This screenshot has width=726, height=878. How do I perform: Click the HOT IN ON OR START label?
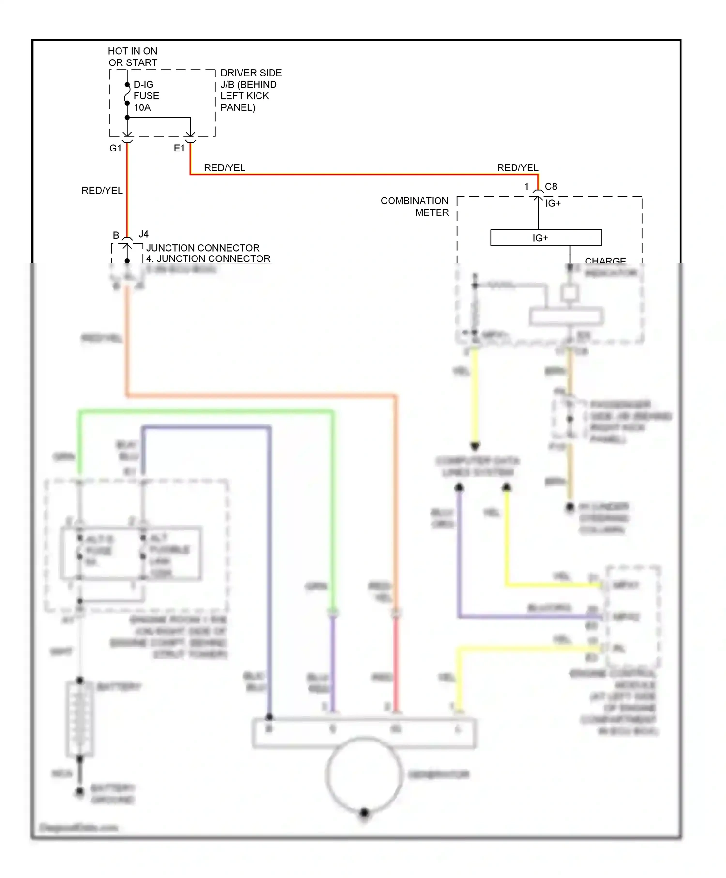coord(133,57)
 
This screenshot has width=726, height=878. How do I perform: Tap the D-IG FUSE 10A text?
coord(146,96)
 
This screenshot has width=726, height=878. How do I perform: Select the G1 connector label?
coord(115,148)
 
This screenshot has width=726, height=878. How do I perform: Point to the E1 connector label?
coord(179,148)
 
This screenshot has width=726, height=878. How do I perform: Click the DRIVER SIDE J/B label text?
coord(250,90)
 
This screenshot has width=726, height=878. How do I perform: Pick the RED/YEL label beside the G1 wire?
coord(102,191)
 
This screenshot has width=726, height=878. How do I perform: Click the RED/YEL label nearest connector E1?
coord(224,168)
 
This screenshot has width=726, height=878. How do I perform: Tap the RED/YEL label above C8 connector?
coord(517,168)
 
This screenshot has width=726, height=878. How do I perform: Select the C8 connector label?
coord(551,187)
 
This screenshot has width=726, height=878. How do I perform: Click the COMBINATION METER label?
coord(415,207)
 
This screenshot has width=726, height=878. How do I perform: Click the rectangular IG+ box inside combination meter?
coord(545,238)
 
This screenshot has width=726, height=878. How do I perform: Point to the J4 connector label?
coord(144,234)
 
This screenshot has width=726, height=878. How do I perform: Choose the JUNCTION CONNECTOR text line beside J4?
coord(203,248)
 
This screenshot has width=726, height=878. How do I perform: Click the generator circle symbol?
coord(364,774)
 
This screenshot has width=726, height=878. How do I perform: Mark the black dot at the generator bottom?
coord(364,812)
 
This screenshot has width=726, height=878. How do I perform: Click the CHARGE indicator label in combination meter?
coord(605,261)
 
